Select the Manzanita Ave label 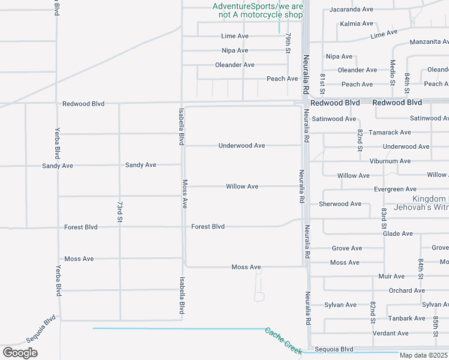click(x=429, y=42)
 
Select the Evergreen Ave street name click(x=395, y=189)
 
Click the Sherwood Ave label click(x=340, y=204)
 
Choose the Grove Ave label click(x=347, y=248)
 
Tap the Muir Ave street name click(x=392, y=277)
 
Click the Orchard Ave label click(x=406, y=291)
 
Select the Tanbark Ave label click(x=406, y=319)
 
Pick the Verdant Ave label click(x=391, y=334)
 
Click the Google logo click(x=20, y=353)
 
